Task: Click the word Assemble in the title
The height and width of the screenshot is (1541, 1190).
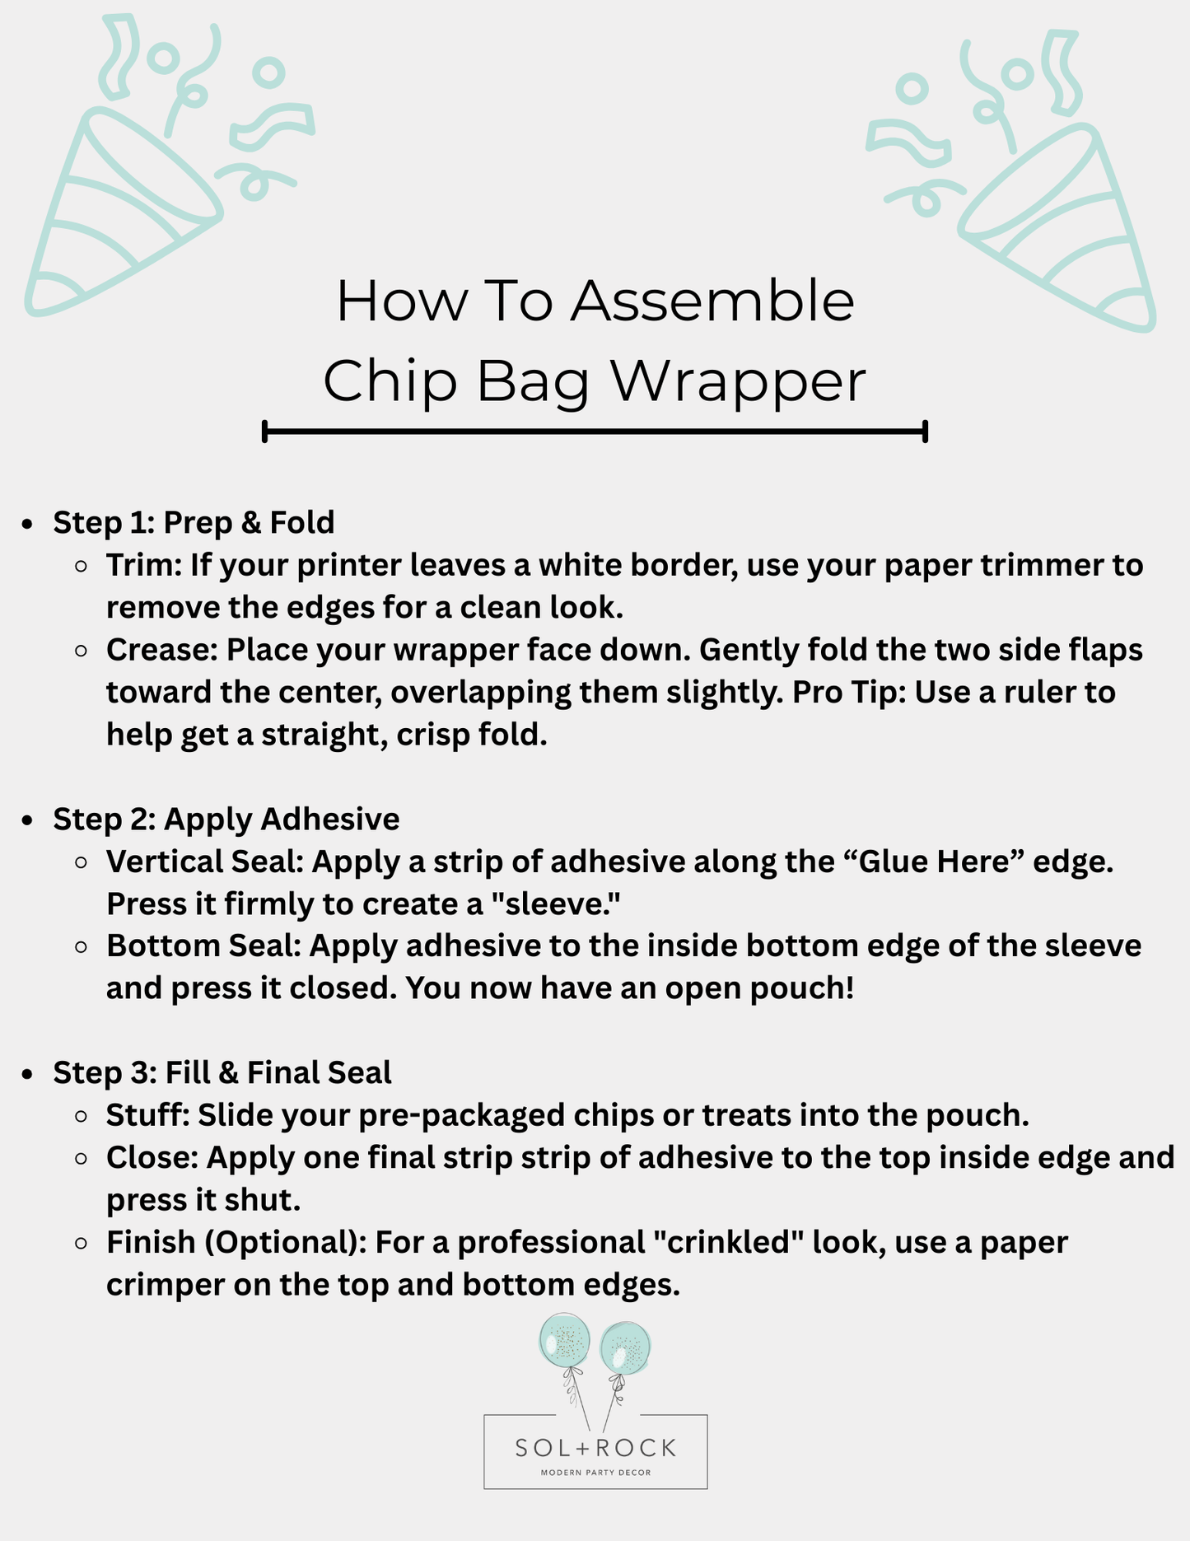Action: click(712, 301)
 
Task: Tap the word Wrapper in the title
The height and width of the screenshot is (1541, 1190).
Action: click(737, 382)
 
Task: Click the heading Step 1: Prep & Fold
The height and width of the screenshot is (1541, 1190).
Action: click(194, 522)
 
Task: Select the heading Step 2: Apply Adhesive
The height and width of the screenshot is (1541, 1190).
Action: click(226, 819)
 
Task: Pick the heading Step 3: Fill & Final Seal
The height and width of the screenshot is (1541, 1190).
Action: click(222, 1072)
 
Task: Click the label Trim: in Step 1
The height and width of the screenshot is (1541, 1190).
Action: click(144, 565)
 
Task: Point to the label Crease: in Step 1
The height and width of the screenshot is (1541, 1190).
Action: click(161, 649)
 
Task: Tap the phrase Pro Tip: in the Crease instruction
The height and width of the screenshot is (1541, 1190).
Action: click(849, 692)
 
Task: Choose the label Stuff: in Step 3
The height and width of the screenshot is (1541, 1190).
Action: click(148, 1115)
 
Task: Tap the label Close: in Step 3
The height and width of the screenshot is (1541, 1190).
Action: click(152, 1157)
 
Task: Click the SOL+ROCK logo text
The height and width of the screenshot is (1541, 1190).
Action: click(595, 1447)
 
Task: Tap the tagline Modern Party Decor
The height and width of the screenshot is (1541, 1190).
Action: click(595, 1472)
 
